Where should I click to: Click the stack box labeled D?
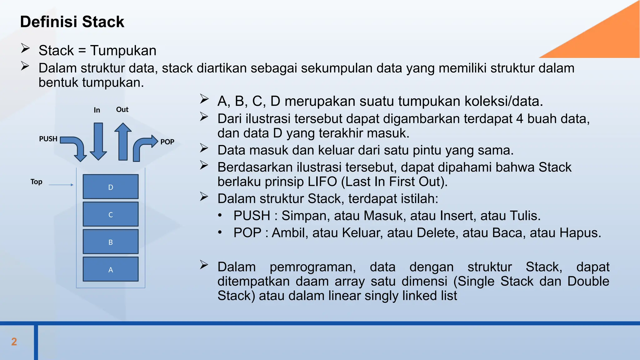pyautogui.click(x=111, y=187)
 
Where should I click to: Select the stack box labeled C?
pyautogui.click(x=111, y=214)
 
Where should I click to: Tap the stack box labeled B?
pyautogui.click(x=111, y=242)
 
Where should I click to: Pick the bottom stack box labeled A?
pyautogui.click(x=111, y=269)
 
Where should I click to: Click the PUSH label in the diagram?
pyautogui.click(x=48, y=139)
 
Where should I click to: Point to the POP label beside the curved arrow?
pyautogui.click(x=167, y=142)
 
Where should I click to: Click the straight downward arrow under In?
pyautogui.click(x=98, y=141)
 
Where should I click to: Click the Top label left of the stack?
pyautogui.click(x=36, y=182)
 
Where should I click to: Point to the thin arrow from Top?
pyautogui.click(x=61, y=185)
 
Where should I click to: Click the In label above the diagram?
pyautogui.click(x=97, y=110)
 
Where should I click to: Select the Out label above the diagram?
pyautogui.click(x=122, y=109)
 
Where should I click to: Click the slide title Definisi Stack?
pyautogui.click(x=72, y=22)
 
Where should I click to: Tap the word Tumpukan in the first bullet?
pyautogui.click(x=123, y=51)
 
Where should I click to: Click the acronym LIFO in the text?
pyautogui.click(x=322, y=182)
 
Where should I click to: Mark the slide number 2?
pyautogui.click(x=14, y=342)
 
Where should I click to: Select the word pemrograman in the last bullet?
pyautogui.click(x=312, y=267)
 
